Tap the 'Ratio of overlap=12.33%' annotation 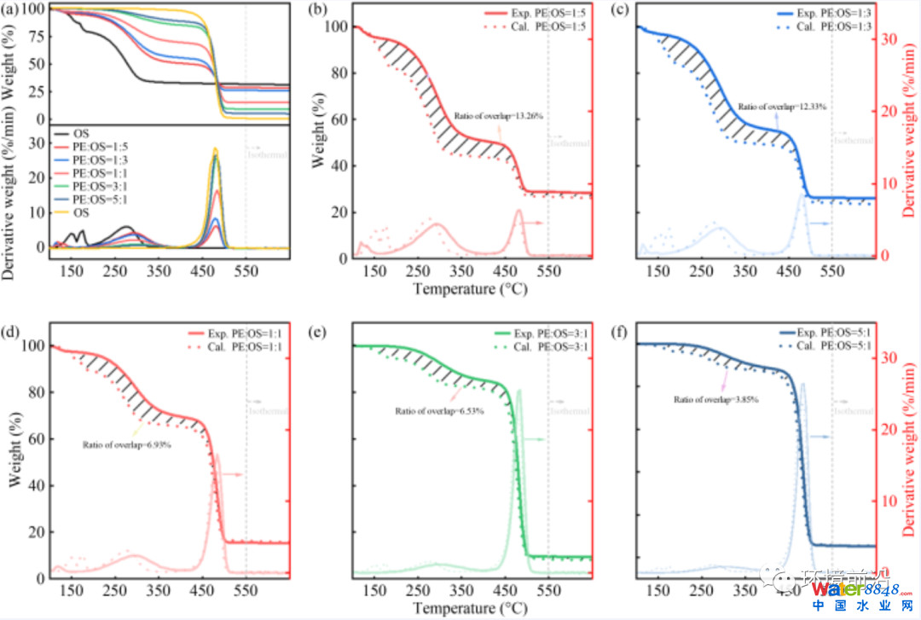783,107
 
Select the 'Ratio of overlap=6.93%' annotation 128,444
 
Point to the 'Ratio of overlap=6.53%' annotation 439,411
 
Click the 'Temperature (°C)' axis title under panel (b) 469,289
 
